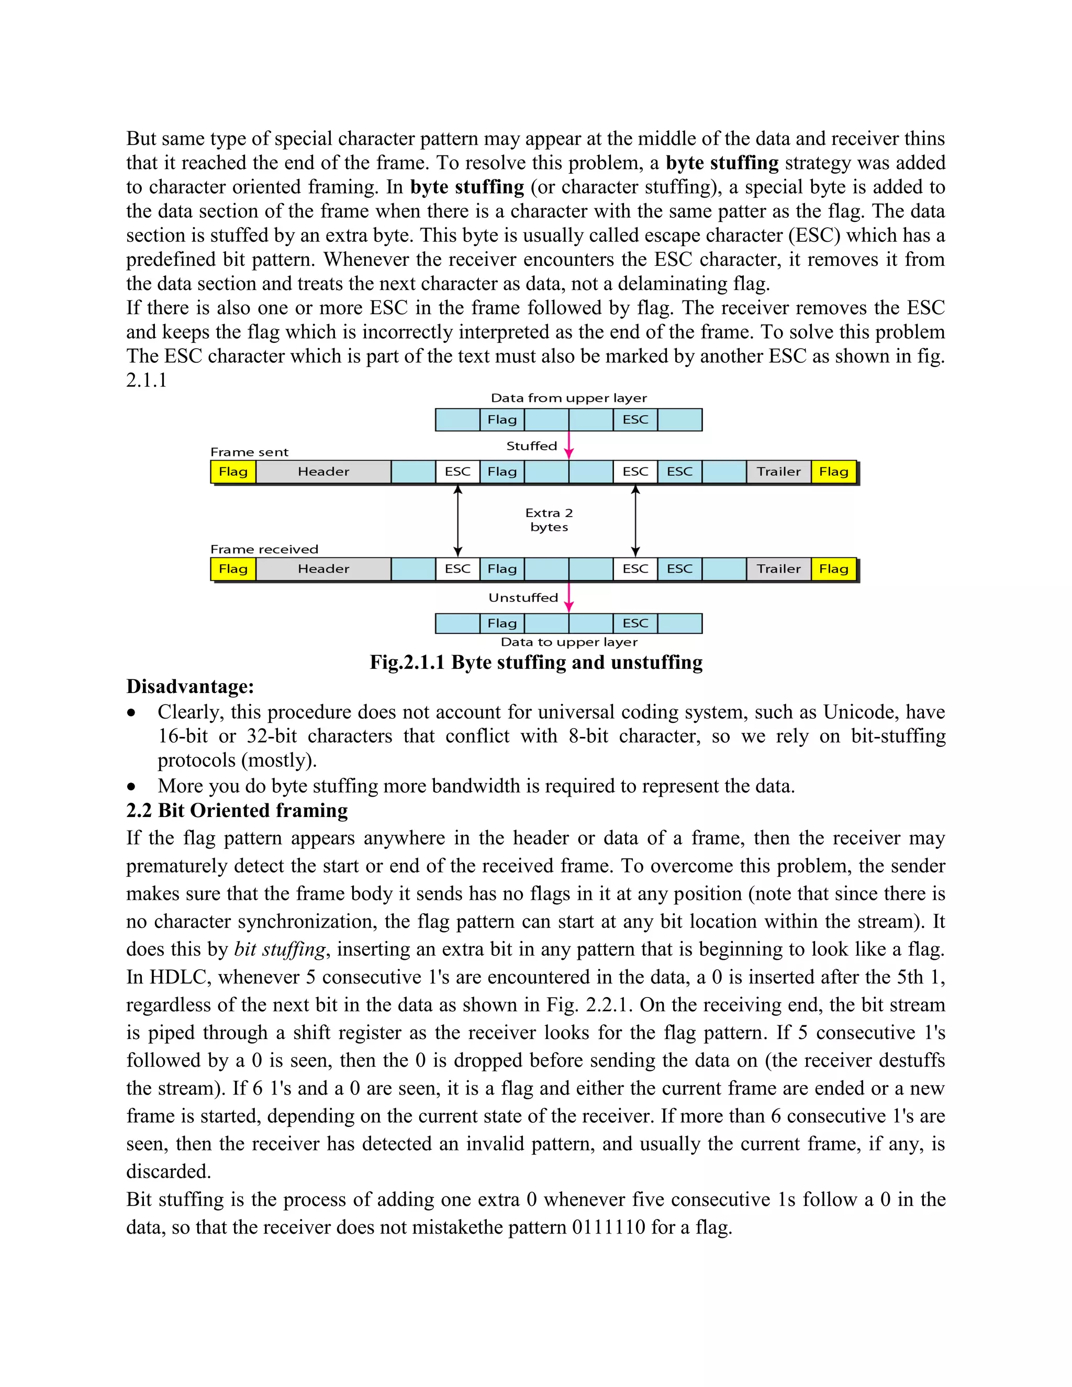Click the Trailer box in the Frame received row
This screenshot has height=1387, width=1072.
(x=778, y=569)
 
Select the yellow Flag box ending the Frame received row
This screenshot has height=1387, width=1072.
(x=833, y=569)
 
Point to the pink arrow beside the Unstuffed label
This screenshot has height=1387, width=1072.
(x=569, y=597)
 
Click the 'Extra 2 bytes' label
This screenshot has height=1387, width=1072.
(x=549, y=520)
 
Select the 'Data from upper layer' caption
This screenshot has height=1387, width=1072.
(x=568, y=398)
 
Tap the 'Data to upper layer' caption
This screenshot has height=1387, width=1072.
(x=568, y=642)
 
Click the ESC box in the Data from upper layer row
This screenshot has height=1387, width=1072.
(x=635, y=420)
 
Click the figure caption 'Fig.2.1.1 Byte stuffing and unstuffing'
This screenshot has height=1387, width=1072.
(x=536, y=663)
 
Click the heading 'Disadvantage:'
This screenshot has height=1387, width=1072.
(x=190, y=687)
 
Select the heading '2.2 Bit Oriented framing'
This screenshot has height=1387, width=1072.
(x=237, y=811)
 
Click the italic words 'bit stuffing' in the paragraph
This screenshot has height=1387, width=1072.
(x=280, y=949)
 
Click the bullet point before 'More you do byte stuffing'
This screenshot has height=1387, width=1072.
(x=131, y=787)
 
